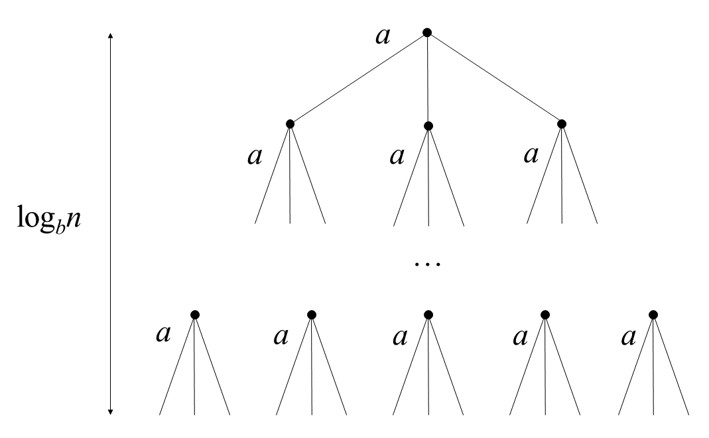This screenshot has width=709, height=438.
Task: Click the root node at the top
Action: pos(427,32)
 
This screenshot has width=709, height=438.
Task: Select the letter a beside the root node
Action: pos(383,36)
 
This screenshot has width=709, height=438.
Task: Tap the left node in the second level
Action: pos(290,123)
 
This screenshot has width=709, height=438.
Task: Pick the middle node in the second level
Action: pos(428,125)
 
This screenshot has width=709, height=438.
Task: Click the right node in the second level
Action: pos(562,123)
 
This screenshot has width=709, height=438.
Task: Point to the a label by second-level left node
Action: pos(254,156)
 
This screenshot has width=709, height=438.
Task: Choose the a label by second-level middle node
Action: pos(397,156)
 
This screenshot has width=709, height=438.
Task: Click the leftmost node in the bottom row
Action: pos(194,314)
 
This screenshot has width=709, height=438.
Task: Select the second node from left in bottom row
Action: pos(311,314)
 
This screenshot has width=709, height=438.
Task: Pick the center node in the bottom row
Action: pos(428,314)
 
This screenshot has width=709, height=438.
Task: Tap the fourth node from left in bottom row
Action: pos(545,314)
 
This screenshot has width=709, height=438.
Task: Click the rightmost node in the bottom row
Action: pos(653,314)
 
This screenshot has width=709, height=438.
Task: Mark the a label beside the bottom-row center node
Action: pos(399,336)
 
